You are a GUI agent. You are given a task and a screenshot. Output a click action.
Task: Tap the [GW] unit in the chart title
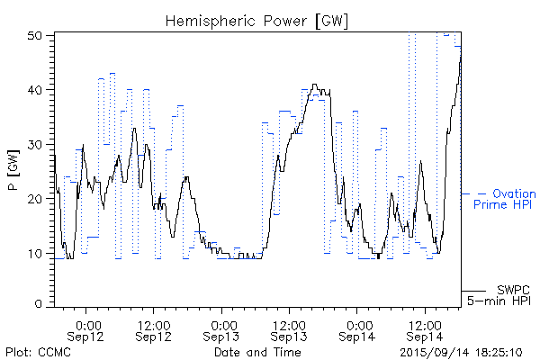tap(330, 20)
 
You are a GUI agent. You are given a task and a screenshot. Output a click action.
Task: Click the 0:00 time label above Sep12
tap(87, 323)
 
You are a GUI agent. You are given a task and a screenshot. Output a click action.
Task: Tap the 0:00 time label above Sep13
tap(222, 323)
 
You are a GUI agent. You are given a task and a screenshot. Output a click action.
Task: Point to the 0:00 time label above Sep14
tap(357, 323)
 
